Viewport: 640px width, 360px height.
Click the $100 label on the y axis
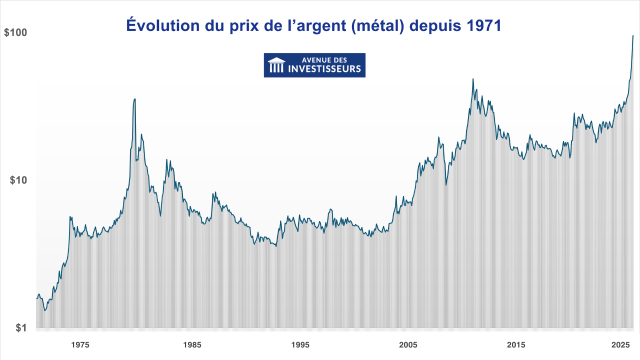coord(15,33)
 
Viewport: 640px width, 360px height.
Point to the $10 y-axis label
coord(18,180)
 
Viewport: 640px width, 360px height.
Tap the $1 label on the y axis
coord(20,328)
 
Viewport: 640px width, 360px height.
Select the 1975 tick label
coord(80,345)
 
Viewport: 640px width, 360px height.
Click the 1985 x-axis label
coord(192,345)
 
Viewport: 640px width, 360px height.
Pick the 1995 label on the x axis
coord(300,345)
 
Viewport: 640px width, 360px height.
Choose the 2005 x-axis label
coord(408,345)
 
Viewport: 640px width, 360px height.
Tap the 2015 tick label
coord(516,345)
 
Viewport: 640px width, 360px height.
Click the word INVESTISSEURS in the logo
coord(324,69)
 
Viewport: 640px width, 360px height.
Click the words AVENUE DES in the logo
coord(324,60)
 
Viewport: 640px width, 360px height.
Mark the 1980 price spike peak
coord(135,99)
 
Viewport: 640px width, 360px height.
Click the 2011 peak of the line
coord(473,78)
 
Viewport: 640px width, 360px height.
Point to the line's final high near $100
coord(633,35)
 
